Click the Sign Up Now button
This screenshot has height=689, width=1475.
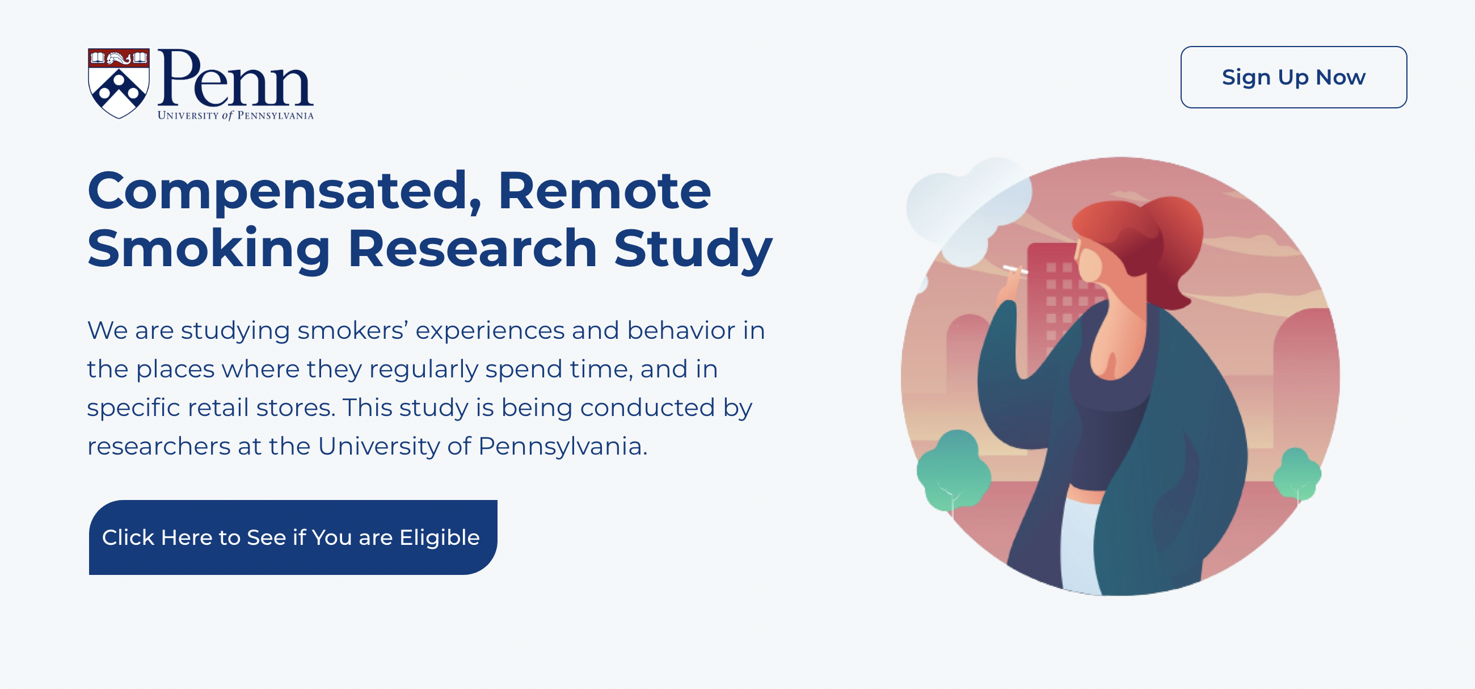[x=1293, y=77]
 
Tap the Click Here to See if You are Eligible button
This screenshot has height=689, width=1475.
[x=293, y=537]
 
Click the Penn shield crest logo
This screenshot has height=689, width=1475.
[x=119, y=83]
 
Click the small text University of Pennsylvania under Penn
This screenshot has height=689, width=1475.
[x=235, y=116]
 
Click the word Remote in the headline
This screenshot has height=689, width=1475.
[x=604, y=191]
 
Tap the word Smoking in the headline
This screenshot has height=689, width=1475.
[x=209, y=248]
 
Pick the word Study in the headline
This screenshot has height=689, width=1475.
[x=693, y=248]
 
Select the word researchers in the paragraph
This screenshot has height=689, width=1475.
[x=159, y=446]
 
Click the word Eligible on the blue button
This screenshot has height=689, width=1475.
[x=439, y=537]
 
